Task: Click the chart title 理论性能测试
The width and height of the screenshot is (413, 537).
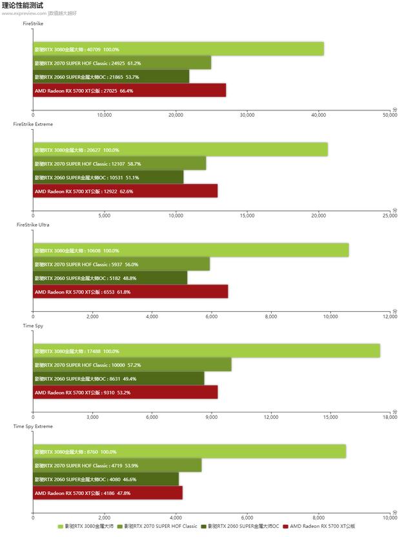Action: (23, 5)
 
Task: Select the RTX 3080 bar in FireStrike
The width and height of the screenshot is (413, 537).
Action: (178, 49)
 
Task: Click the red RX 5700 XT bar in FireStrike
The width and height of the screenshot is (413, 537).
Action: (129, 90)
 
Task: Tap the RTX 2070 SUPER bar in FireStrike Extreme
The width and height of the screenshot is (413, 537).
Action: (119, 164)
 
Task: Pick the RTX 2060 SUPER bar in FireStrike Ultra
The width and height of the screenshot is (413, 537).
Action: (110, 278)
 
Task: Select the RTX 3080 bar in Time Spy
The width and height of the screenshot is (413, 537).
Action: (206, 351)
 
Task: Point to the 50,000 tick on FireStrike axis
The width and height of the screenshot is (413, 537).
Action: (390, 115)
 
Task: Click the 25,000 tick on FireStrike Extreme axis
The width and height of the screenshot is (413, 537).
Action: (390, 216)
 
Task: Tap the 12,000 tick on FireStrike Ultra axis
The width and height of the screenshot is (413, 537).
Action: (390, 316)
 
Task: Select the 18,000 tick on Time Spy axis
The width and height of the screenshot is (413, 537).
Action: (390, 417)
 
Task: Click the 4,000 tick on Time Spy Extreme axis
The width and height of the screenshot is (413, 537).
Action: (176, 518)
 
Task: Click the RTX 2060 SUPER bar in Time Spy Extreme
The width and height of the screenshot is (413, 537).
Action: (106, 480)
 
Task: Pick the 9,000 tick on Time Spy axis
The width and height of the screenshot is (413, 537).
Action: (212, 417)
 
